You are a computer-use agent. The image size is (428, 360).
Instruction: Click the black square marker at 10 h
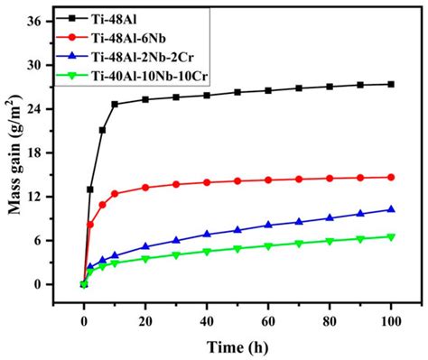115,104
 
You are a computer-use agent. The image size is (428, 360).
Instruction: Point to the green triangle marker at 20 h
145,259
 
